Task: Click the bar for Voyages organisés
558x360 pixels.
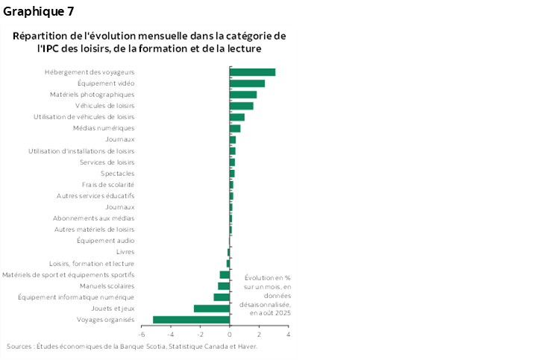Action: click(x=191, y=320)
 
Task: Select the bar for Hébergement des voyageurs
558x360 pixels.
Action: click(x=252, y=72)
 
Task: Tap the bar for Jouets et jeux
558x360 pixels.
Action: click(x=211, y=309)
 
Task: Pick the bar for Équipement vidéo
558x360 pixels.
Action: click(x=247, y=83)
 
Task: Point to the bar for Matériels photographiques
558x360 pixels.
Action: click(x=243, y=95)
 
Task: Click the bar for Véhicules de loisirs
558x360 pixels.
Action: click(x=241, y=106)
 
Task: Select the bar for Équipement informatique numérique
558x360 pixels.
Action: click(x=222, y=297)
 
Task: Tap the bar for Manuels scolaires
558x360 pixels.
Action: click(x=224, y=286)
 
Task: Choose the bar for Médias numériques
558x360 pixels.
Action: click(x=235, y=128)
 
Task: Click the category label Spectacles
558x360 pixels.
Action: click(x=117, y=174)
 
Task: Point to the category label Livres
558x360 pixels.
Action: click(x=125, y=252)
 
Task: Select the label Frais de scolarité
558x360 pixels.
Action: click(x=108, y=185)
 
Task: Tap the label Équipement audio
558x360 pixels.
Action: click(x=105, y=241)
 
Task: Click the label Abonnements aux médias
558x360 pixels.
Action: click(x=94, y=218)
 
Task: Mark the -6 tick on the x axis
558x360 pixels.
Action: click(x=142, y=335)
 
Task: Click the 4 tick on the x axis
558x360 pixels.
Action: click(x=288, y=335)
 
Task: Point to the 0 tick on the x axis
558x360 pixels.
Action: click(x=230, y=335)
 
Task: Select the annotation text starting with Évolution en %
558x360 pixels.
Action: click(x=266, y=295)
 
